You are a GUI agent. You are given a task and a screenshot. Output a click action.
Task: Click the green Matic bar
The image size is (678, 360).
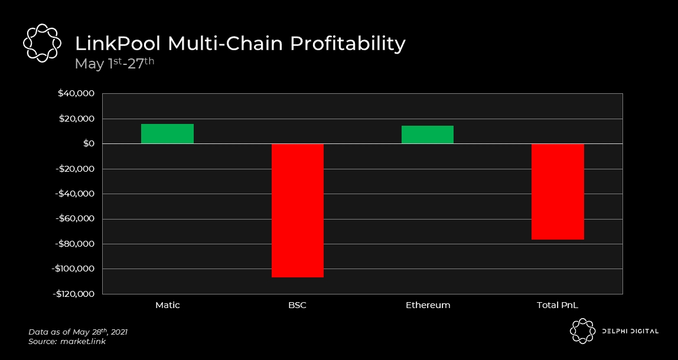(x=167, y=134)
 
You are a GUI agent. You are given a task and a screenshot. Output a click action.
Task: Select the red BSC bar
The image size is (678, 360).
(x=298, y=210)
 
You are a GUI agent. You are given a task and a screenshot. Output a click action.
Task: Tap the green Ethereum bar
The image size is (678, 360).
(x=428, y=135)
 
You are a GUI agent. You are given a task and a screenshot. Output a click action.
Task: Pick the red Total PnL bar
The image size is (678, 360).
(x=558, y=192)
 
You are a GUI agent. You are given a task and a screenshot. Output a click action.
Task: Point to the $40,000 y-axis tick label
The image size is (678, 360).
(x=76, y=94)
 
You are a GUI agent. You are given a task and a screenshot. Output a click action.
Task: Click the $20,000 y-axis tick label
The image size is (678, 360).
(x=76, y=119)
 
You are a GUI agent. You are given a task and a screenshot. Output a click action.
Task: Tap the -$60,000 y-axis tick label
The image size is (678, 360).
(x=74, y=219)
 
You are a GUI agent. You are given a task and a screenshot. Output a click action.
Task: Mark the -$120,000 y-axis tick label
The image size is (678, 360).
(x=73, y=294)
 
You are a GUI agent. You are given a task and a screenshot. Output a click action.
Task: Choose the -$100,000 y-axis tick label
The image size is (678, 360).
(x=73, y=269)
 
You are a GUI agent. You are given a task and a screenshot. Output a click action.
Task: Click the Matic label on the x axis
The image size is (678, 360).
(x=167, y=306)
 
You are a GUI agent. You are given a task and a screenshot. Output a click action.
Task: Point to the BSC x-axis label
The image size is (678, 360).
(x=298, y=306)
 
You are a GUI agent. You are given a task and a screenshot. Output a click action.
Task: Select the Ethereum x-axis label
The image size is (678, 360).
(x=428, y=306)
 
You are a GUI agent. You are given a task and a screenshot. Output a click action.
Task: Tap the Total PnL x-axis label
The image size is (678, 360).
(x=558, y=306)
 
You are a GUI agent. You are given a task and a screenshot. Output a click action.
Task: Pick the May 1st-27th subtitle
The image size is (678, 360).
(x=114, y=63)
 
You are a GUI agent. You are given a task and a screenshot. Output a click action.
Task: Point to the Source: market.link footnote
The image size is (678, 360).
(x=67, y=342)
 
